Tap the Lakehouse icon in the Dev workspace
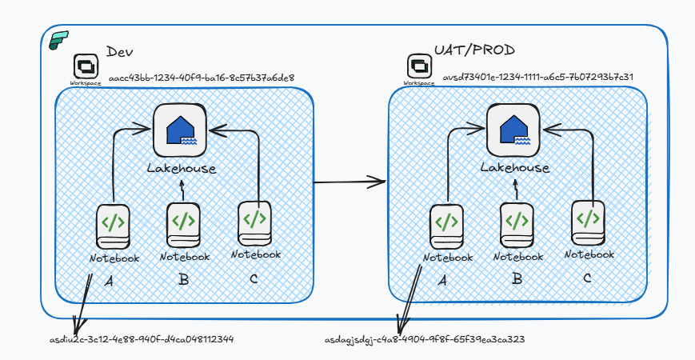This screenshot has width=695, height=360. pos(180,130)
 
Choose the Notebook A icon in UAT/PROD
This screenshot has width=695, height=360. pos(447,226)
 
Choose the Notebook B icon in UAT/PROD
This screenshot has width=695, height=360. pos(517,225)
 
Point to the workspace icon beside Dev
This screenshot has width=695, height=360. pos(85,65)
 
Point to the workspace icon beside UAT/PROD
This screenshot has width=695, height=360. pos(418,65)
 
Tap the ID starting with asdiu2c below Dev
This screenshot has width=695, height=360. pos(142,339)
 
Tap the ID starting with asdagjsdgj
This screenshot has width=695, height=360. pos(425,339)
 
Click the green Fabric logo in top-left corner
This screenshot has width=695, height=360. pos(59,41)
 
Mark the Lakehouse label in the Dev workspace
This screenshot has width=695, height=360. pos(182,168)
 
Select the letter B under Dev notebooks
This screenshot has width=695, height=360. pos(184,280)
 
